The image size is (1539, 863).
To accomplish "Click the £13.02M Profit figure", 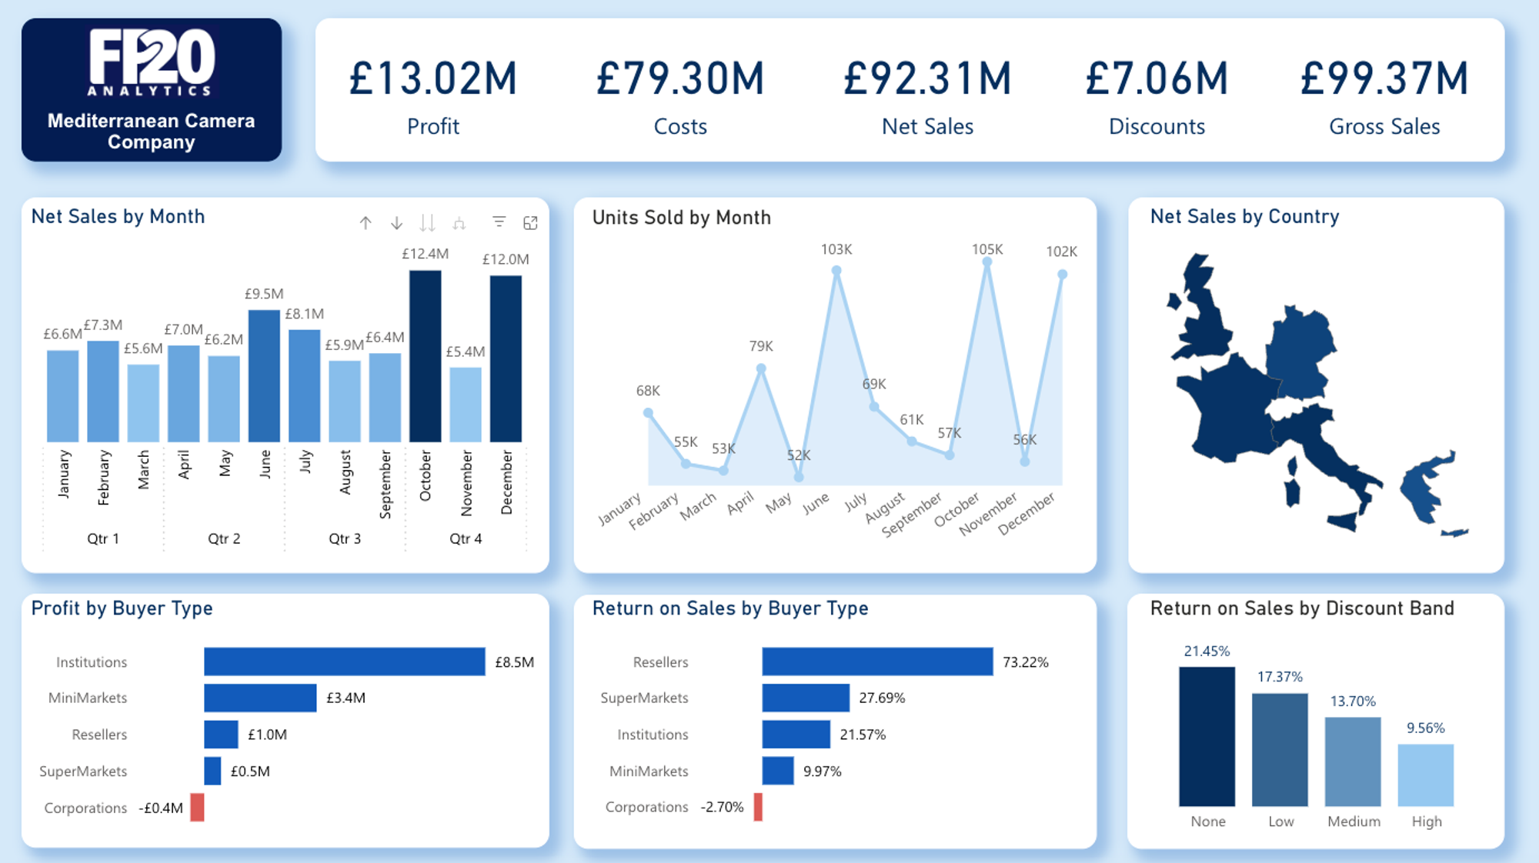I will [x=433, y=79].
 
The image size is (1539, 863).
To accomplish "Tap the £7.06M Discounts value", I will [x=1157, y=79].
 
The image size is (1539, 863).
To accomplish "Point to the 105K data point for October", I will [x=987, y=262].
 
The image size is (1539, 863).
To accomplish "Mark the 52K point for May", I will [x=799, y=477].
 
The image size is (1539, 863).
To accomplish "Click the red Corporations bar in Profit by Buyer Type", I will [x=198, y=808].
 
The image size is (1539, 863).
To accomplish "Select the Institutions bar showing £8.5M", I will [x=344, y=661].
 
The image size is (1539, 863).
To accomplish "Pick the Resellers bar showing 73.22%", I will [x=877, y=661].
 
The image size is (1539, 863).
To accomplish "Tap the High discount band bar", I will [x=1426, y=775].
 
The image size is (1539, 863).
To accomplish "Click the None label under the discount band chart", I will [x=1207, y=821].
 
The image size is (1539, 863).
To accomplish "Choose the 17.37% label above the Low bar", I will [x=1280, y=677].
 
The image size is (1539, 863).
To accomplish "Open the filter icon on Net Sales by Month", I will [x=499, y=222].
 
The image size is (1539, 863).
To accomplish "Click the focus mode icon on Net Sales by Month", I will [x=530, y=223].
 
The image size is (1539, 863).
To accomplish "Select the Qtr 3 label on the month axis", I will [x=345, y=538].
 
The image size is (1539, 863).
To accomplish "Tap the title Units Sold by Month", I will [x=681, y=218].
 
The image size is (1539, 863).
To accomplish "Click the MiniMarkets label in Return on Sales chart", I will [x=649, y=771].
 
